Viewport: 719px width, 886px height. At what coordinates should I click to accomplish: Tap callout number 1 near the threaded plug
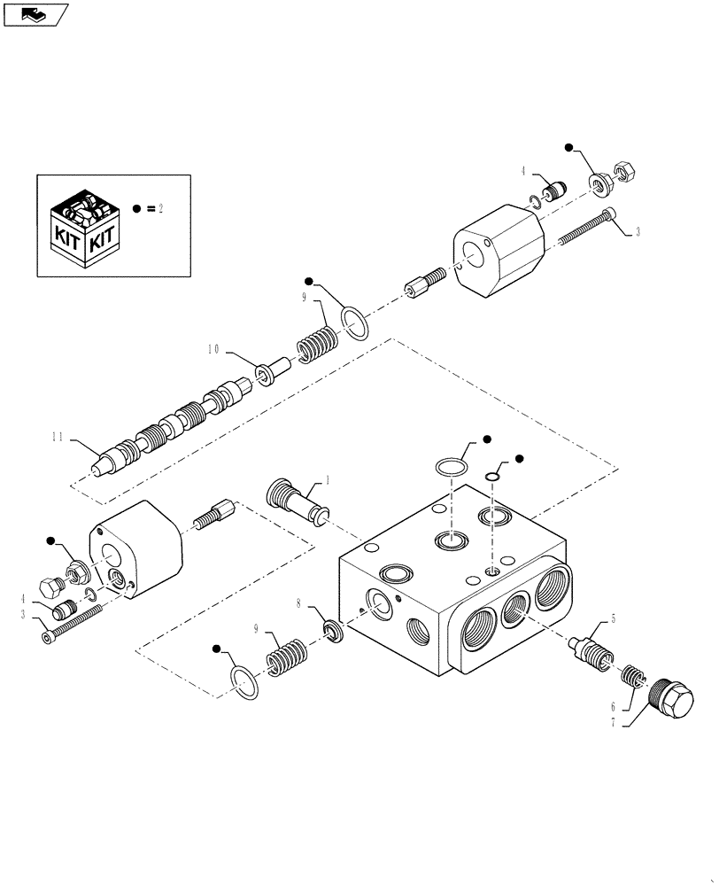point(328,479)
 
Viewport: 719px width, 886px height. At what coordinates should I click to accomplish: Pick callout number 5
point(613,619)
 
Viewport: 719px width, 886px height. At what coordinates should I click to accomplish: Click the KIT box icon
point(84,229)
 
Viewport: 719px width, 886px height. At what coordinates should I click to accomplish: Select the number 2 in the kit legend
point(160,208)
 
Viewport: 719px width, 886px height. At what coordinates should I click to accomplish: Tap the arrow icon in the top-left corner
point(34,13)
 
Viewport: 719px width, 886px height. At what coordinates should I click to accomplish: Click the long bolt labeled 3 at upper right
point(585,226)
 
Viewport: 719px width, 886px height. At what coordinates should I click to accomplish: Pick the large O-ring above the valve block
point(452,468)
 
